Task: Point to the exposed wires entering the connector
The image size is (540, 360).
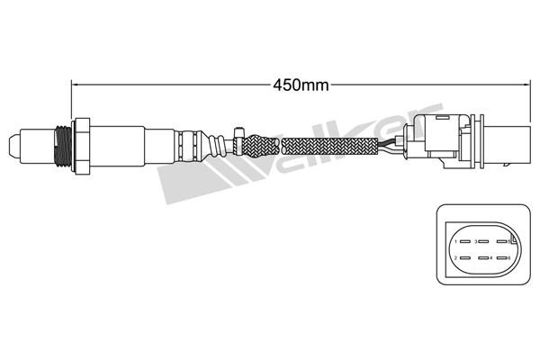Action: click(393, 145)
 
